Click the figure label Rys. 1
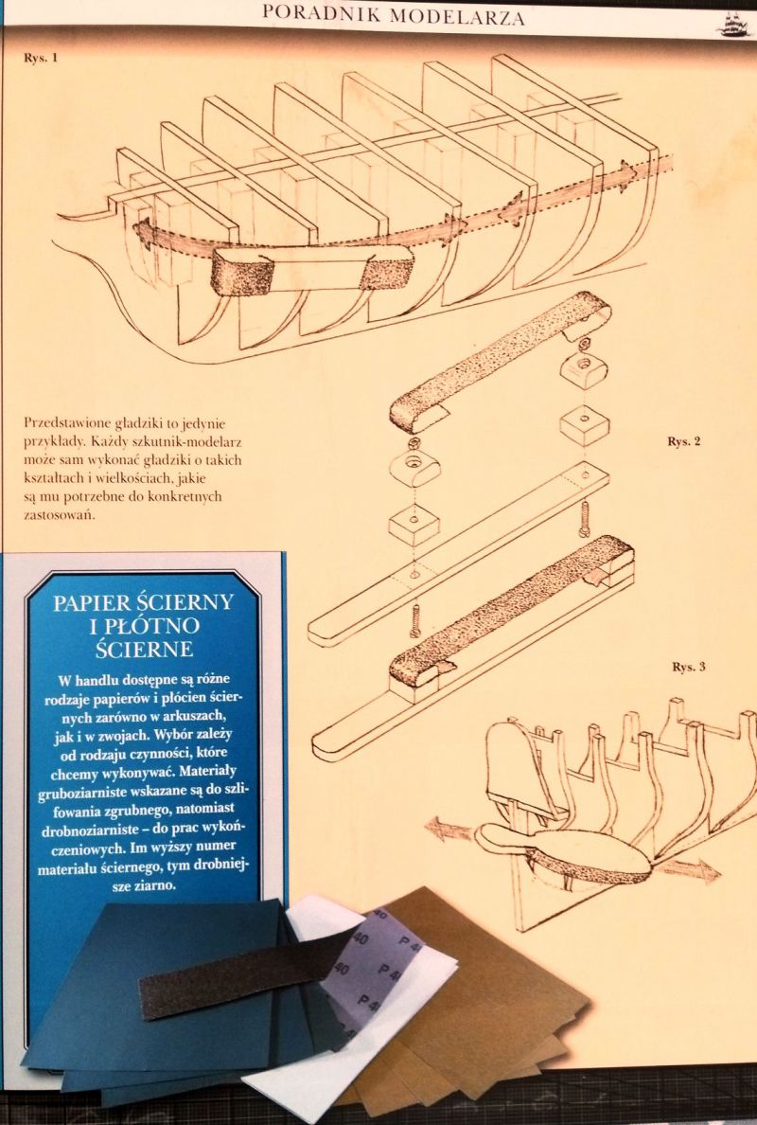[x=40, y=58]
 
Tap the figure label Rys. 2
[x=683, y=440]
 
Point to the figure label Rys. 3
[x=688, y=667]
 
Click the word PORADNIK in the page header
[x=321, y=14]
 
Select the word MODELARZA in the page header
[x=457, y=16]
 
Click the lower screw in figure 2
[x=415, y=621]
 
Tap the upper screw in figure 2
[x=585, y=517]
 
